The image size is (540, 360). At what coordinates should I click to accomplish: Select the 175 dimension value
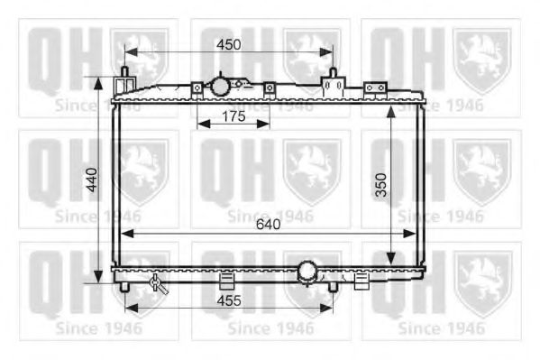232,115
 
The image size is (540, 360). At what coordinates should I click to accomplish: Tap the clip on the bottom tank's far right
362,280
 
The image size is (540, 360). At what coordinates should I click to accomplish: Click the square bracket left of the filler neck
196,88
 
